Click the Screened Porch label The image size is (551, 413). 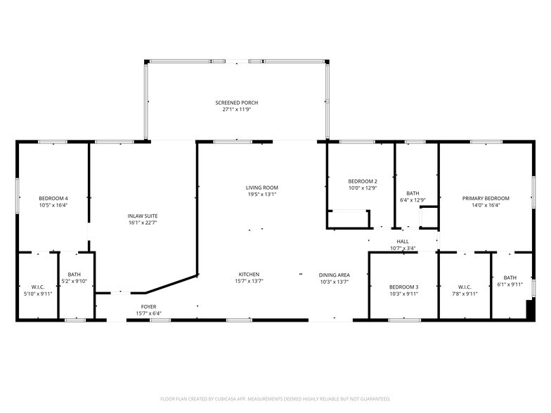pos(236,103)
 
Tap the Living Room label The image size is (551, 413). pos(261,188)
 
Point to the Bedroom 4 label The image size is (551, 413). pos(53,198)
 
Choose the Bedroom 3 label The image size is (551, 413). pos(404,287)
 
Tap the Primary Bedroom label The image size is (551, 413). pos(486,198)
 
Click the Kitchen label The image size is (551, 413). pos(249,274)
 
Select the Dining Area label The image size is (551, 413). pos(334,275)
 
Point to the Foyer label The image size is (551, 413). pos(148,306)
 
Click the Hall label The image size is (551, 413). pos(403,241)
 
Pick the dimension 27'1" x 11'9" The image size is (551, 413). pos(236,110)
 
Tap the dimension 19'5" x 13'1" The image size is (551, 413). pos(261,195)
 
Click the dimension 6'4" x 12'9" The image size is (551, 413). pos(413,200)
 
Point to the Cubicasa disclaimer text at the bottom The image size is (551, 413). pos(275,398)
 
